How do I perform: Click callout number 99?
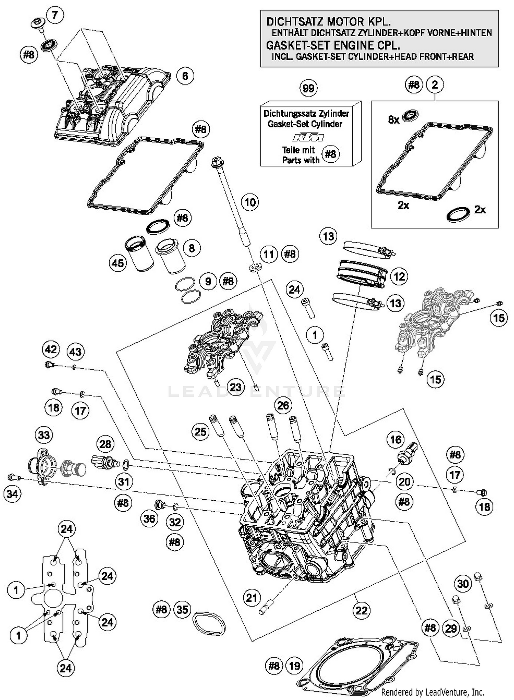pos(308,88)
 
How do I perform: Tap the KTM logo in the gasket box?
pos(308,138)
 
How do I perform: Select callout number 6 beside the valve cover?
pos(185,76)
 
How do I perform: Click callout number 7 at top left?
pos(55,15)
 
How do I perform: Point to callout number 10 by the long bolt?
pos(250,202)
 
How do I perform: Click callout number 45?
pos(118,263)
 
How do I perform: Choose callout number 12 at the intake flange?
pos(399,276)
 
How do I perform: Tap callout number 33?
pos(44,435)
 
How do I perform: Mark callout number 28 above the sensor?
pos(105,444)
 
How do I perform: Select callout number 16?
pos(396,439)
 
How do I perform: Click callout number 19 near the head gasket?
pos(294,665)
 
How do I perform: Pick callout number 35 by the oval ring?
pos(182,609)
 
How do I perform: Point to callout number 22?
pos(362,610)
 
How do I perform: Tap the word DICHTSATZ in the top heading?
pos(295,22)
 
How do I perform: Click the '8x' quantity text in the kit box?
pos(394,120)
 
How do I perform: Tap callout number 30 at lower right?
pos(463,583)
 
